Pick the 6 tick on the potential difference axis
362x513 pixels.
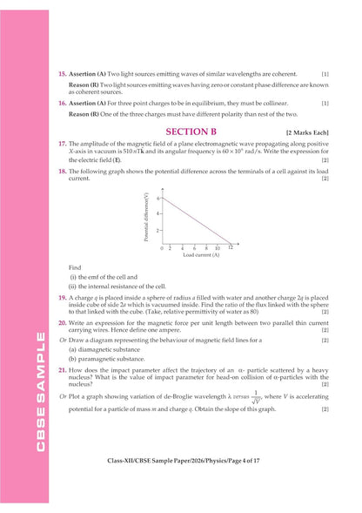158,199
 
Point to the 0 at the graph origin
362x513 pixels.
161,247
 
